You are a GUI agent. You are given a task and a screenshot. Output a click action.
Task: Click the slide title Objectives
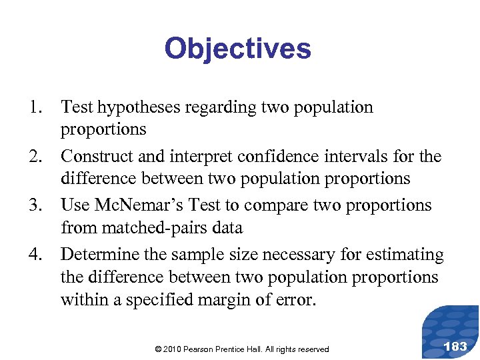tap(237, 49)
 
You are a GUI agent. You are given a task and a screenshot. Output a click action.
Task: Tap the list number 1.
tap(33, 107)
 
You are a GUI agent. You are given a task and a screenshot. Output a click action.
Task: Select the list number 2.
tap(33, 157)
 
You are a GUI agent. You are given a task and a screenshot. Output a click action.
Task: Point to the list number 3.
tap(33, 206)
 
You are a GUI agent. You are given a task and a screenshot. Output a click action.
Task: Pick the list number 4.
tap(33, 255)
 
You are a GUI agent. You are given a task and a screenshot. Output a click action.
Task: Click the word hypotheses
tap(137, 108)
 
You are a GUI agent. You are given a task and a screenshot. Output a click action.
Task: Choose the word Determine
tap(99, 255)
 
